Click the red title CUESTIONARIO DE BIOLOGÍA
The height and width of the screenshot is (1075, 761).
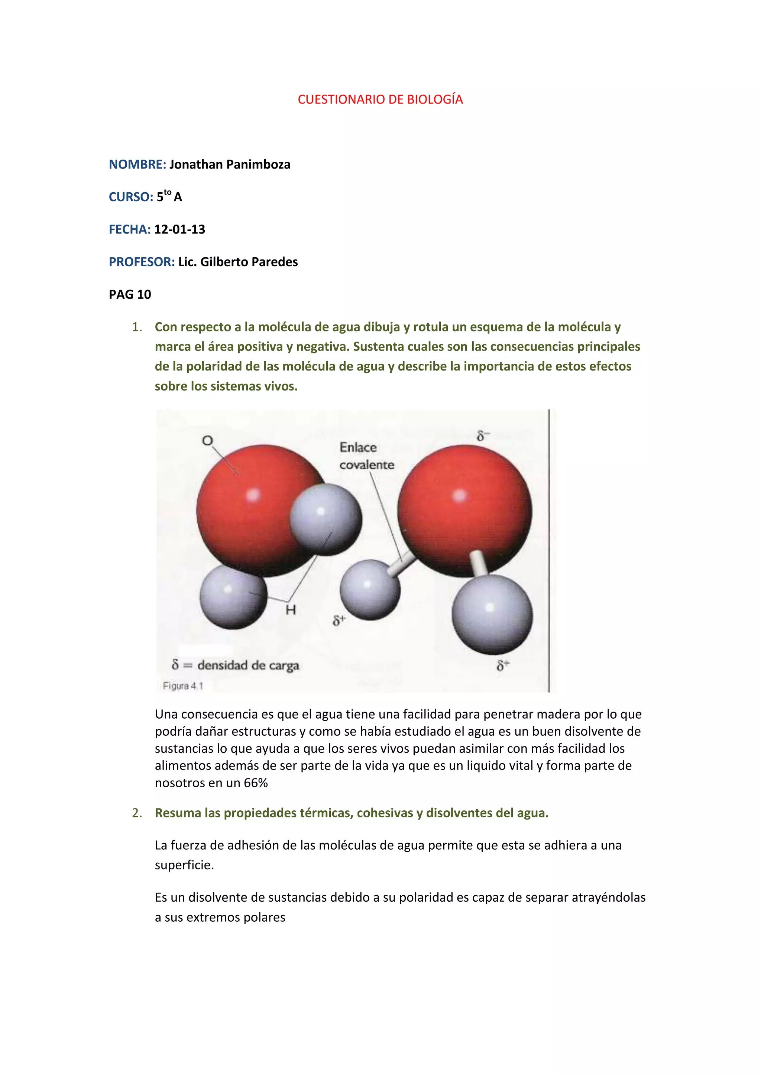click(x=380, y=99)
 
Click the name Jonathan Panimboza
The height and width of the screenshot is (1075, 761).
click(x=230, y=164)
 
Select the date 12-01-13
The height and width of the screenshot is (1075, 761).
click(x=179, y=229)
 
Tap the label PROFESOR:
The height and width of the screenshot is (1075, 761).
click(x=142, y=262)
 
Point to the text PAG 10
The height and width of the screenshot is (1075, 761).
click(x=130, y=294)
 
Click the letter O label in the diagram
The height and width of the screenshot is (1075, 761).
click(x=207, y=441)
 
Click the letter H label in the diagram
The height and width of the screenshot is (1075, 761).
click(x=291, y=610)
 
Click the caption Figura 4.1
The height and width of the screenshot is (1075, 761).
click(x=183, y=686)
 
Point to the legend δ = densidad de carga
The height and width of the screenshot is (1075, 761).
click(x=235, y=665)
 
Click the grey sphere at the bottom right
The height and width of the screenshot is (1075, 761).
click(x=492, y=613)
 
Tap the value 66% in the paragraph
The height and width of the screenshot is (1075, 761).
click(x=255, y=783)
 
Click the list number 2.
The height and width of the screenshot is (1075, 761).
click(x=136, y=813)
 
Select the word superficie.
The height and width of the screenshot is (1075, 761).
click(x=184, y=865)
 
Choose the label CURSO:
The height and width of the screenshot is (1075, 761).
click(x=131, y=197)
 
